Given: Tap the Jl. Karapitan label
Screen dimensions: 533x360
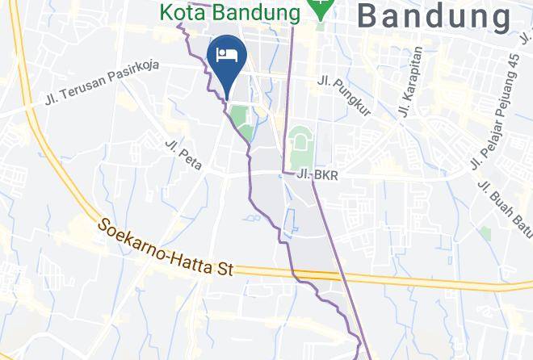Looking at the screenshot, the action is pos(409,80).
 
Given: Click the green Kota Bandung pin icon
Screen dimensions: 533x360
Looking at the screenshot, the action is pos(321,9).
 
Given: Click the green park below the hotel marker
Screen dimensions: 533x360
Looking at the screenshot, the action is pos(241,119).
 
